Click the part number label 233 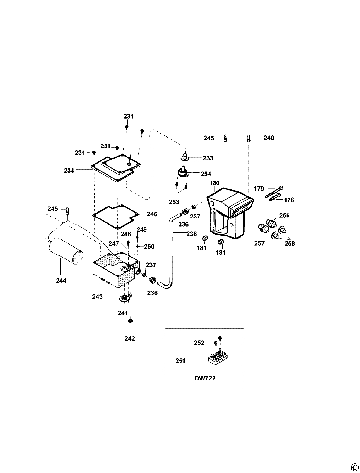point(208,158)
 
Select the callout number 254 point(206,174)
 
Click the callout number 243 point(97,297)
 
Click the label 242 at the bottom point(130,338)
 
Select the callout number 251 point(180,361)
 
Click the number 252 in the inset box point(199,343)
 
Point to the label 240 point(268,138)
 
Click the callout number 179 point(259,189)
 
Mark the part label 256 point(285,216)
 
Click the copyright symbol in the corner point(354,467)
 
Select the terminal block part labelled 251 point(216,358)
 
